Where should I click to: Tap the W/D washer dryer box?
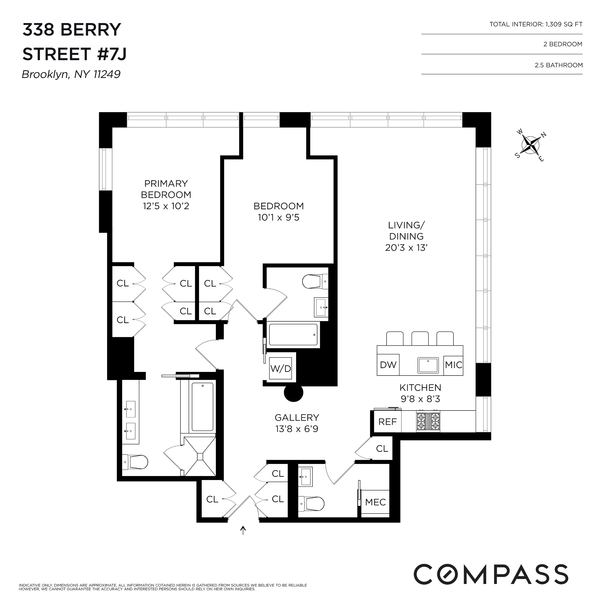[x=281, y=368]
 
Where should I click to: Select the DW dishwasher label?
[x=388, y=365]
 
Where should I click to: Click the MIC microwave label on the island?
[x=453, y=365]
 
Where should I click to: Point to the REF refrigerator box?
[x=387, y=422]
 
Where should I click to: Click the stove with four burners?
[x=428, y=421]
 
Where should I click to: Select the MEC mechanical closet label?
[x=375, y=502]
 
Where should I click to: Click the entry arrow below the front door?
[x=243, y=530]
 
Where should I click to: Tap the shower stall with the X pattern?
[x=200, y=456]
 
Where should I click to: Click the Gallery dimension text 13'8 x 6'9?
[x=297, y=429]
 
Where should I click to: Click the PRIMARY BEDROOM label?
[x=166, y=189]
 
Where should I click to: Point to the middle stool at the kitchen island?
[x=420, y=338]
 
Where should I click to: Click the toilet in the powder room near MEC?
[x=311, y=504]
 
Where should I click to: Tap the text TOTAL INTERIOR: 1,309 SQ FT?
[x=536, y=24]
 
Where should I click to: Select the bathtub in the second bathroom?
[x=293, y=334]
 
